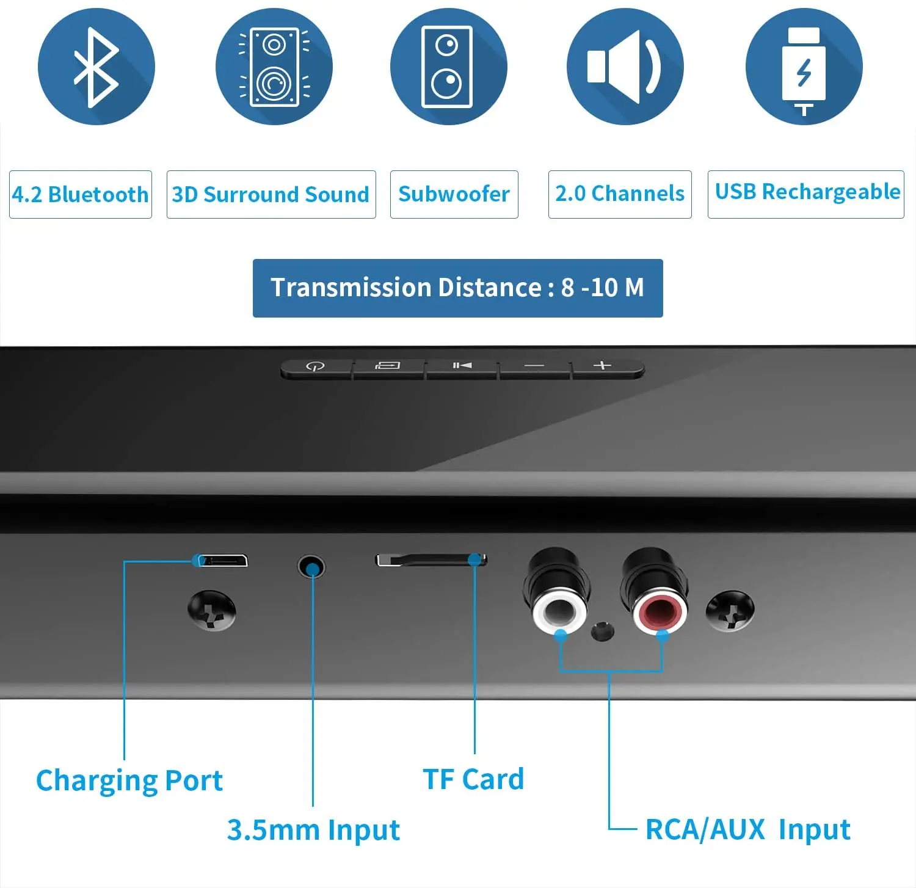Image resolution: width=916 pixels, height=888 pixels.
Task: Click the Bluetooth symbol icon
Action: coord(96,67)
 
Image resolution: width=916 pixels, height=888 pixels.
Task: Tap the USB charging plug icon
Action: coord(804,67)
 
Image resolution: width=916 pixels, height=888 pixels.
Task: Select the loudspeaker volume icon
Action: coord(625,67)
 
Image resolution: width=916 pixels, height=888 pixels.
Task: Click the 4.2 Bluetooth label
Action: coord(80,194)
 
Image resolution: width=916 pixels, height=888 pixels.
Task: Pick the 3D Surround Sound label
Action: coord(271,194)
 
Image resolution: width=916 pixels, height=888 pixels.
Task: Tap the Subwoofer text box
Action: coord(454,194)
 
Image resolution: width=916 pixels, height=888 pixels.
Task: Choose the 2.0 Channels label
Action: coord(619,194)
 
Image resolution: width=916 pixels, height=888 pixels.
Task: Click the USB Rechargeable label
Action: coord(806,193)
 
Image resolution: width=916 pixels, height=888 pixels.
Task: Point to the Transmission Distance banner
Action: coord(457,288)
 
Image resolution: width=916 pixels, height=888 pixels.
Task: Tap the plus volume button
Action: coord(603,366)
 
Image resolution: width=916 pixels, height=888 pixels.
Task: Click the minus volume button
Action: coord(534,366)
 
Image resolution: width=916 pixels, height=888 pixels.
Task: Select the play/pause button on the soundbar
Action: coord(462,366)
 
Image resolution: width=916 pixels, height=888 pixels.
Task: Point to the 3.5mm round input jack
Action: coord(311,567)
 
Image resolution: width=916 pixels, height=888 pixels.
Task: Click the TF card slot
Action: coord(431,559)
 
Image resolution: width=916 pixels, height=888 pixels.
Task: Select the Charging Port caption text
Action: coord(129,781)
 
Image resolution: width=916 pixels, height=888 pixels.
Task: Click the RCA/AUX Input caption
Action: coord(747,829)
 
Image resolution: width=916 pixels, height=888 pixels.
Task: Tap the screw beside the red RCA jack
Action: coord(730,610)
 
